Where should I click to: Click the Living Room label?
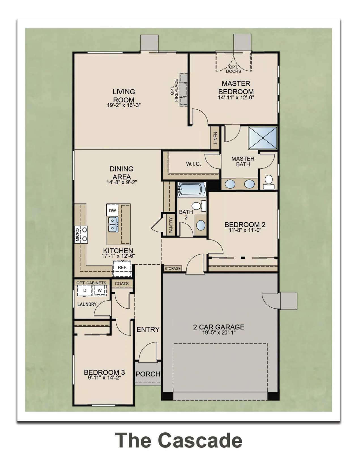pos(124,96)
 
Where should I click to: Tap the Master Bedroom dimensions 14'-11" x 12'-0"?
pos(236,97)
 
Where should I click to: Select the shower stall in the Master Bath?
pos(263,138)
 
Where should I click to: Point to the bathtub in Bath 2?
pos(192,189)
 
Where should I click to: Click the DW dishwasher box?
pos(112,210)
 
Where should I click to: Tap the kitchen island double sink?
pos(113,224)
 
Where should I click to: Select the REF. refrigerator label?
pos(122,268)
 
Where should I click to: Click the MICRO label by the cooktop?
pos(77,235)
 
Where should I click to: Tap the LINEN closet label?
pos(215,138)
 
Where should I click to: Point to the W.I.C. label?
pos(193,164)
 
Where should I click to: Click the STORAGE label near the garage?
pos(172,269)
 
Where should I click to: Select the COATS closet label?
pos(122,284)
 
